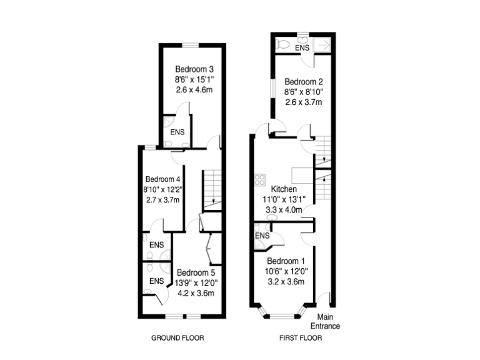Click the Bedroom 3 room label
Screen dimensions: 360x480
click(191, 69)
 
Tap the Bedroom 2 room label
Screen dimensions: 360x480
click(303, 82)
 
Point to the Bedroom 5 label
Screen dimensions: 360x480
click(196, 272)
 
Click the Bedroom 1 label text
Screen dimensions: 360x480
click(286, 261)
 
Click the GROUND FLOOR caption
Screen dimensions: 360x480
click(178, 338)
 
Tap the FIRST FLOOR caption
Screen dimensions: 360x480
click(301, 338)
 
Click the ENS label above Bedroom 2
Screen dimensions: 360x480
click(302, 47)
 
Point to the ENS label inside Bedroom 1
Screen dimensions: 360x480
click(262, 236)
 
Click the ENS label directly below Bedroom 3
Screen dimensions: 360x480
click(177, 132)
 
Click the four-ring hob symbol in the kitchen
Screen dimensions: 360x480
click(259, 181)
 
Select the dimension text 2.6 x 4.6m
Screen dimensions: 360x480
click(191, 90)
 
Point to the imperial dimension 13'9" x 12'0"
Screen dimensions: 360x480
click(196, 283)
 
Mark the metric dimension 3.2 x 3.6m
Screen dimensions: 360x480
click(286, 282)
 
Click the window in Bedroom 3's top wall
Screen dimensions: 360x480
click(190, 44)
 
